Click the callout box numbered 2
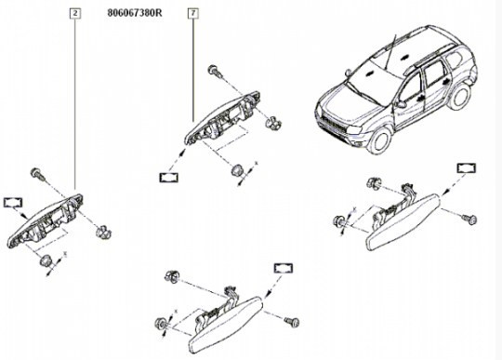coord(75,13)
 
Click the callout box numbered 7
coord(193,13)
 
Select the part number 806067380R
coord(135,13)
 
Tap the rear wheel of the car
coord(461,96)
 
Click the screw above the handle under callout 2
coord(37,174)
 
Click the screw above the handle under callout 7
coord(216,71)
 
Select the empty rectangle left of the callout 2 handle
coord(13,203)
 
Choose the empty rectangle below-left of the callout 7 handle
coord(168,178)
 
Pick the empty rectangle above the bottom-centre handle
coord(284,269)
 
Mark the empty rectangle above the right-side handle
coord(467,168)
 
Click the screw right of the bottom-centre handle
coord(292,321)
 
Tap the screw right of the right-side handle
coord(469,220)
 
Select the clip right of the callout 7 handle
coord(273,122)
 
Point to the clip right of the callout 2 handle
coord(103,232)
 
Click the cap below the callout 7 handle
coord(237,169)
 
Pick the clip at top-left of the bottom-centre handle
coord(172,276)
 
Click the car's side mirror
coord(400,104)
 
